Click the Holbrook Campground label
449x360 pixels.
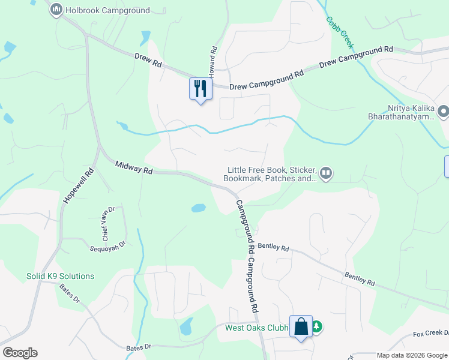(x=107, y=10)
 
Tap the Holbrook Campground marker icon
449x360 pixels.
(x=56, y=10)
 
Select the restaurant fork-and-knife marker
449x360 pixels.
(x=200, y=89)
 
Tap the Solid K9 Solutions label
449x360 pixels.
(x=60, y=276)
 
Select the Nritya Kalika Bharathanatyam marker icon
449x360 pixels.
(x=444, y=112)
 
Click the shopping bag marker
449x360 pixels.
(x=301, y=327)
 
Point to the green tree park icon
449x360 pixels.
(x=317, y=327)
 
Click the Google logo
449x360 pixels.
(x=20, y=352)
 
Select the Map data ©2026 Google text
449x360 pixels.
(x=412, y=355)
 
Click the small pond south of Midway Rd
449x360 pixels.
(x=198, y=209)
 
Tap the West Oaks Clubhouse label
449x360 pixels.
(x=257, y=328)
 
